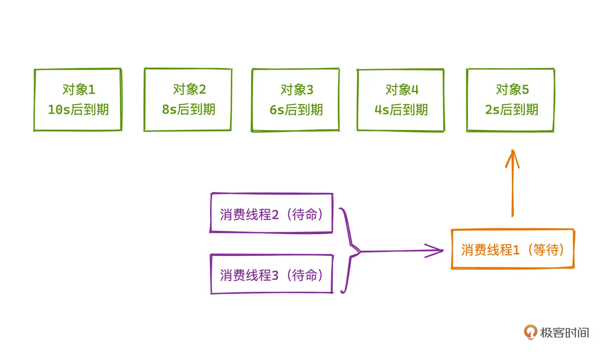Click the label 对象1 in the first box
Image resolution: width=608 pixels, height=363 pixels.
(x=79, y=90)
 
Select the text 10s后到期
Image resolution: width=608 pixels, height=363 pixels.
(x=78, y=110)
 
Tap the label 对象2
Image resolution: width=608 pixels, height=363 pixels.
(x=189, y=89)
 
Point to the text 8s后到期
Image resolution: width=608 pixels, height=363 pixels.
(x=188, y=109)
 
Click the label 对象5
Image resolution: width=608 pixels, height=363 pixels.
(x=512, y=90)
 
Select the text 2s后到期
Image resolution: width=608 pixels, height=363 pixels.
(x=511, y=110)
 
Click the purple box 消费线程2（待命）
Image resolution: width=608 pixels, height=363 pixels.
(x=271, y=213)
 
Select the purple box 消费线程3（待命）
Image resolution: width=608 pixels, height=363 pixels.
(x=271, y=274)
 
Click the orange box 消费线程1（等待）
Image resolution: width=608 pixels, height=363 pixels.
(x=512, y=249)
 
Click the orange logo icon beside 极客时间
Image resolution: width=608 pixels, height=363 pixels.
(x=530, y=332)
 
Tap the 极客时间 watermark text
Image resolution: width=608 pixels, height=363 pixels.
(x=564, y=333)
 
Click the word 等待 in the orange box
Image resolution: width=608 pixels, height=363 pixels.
(x=546, y=250)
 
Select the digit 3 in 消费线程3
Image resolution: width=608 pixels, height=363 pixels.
(x=275, y=275)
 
